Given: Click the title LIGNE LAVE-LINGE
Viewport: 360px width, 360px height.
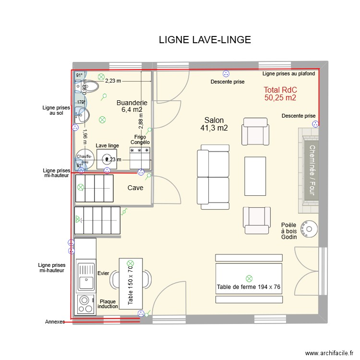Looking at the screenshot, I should [204, 40].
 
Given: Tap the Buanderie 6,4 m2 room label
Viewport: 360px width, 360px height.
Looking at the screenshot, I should [132, 106].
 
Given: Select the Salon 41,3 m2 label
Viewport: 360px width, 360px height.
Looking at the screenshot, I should [214, 124].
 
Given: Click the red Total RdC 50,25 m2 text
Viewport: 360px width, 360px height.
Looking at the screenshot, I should [280, 94].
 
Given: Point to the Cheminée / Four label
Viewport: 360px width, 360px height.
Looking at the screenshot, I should [311, 170].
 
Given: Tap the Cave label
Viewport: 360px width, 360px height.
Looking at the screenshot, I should [135, 188].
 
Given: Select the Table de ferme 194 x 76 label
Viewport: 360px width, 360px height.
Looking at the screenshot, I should [248, 287].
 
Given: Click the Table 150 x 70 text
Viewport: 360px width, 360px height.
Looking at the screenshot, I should [130, 286].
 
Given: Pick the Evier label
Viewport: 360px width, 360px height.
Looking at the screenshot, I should [103, 273].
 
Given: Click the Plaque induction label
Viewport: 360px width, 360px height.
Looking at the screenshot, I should [108, 304].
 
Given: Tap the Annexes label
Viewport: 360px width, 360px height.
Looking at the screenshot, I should [54, 322].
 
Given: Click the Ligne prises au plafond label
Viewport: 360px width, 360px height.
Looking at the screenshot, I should [288, 73].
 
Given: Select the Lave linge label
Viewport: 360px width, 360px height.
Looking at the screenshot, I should [107, 145].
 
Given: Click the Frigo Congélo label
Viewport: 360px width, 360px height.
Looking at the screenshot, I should [140, 140].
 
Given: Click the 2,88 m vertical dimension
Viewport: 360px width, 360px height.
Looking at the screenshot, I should [141, 118].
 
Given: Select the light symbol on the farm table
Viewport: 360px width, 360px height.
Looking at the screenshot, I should [249, 278].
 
